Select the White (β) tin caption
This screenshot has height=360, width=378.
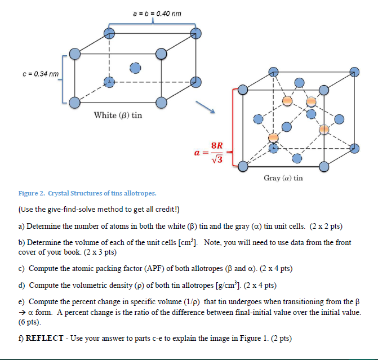coord(118,115)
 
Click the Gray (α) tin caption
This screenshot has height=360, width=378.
coord(283,178)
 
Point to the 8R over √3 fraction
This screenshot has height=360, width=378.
coord(216,153)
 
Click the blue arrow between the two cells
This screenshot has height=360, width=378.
coord(205,107)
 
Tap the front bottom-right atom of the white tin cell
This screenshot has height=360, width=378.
coord(161,103)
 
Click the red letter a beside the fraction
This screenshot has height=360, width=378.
coord(197,153)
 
